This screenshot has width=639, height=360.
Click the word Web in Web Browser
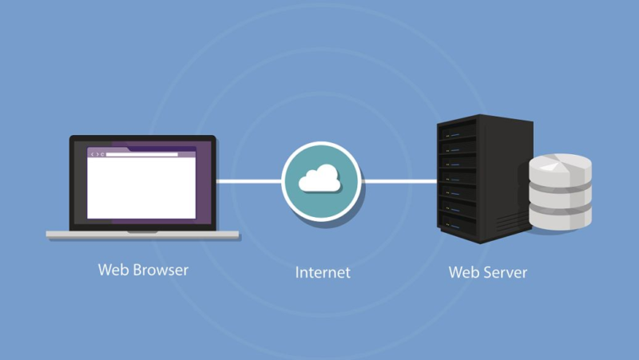tap(113, 270)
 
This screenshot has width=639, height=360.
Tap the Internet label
tap(323, 272)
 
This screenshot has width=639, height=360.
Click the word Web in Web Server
tap(463, 272)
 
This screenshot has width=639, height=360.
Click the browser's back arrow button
tap(91, 154)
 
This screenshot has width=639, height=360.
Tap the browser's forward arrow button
tap(97, 154)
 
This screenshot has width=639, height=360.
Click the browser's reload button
tap(102, 154)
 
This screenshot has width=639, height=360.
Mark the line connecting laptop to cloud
tap(248, 180)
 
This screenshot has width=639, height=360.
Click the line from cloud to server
tap(399, 180)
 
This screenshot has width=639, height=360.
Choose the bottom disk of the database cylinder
tap(560, 213)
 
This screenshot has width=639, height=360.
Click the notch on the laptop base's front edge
tap(142, 232)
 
